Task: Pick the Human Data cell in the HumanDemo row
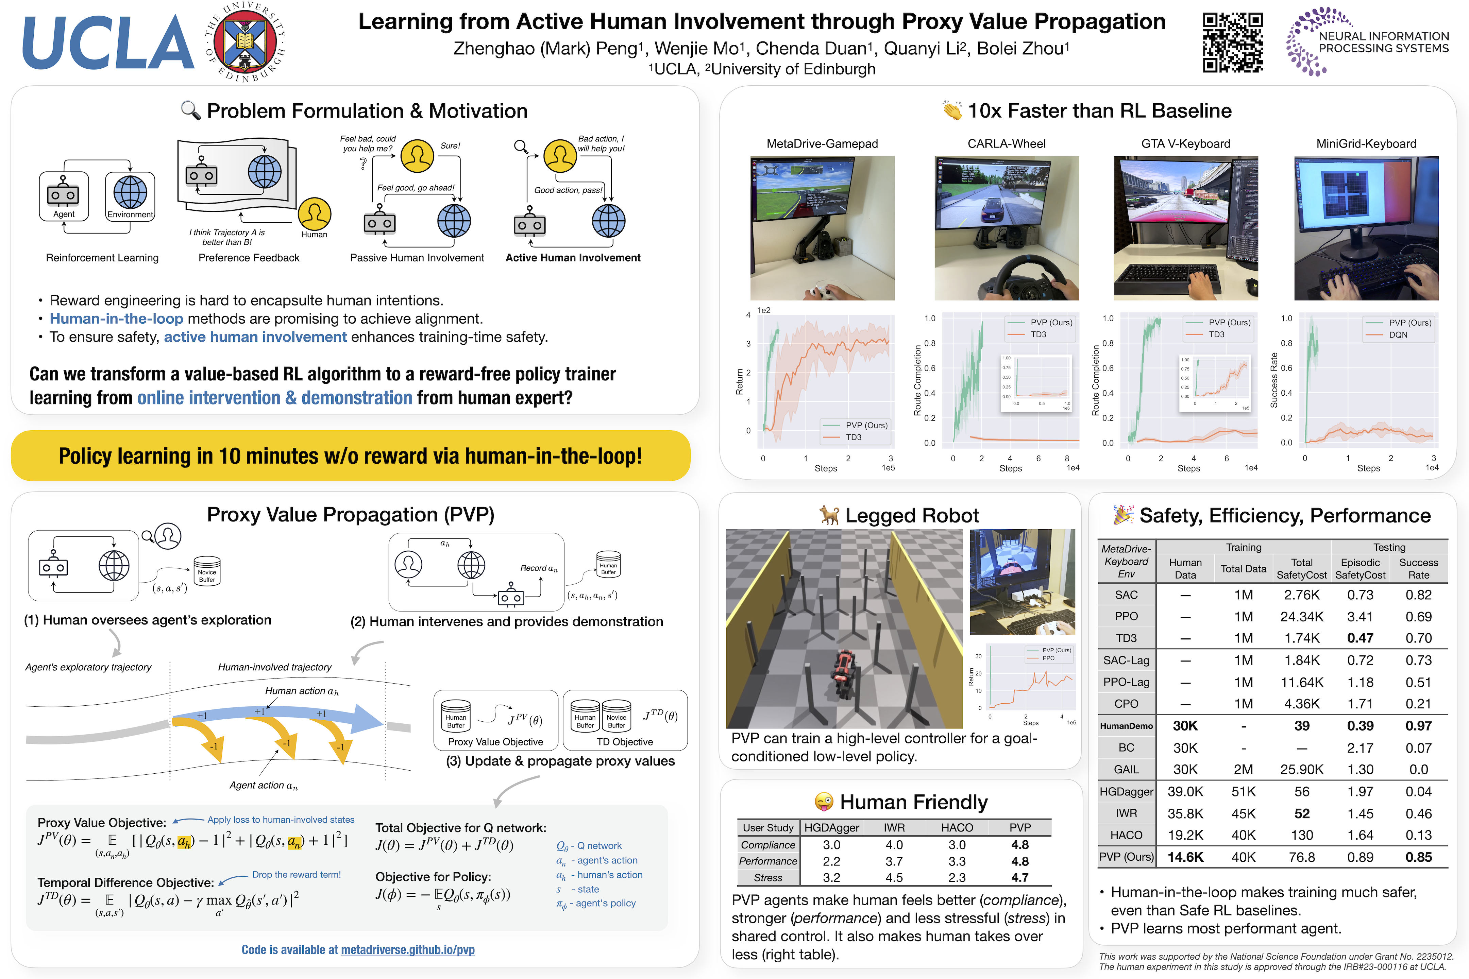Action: click(1185, 725)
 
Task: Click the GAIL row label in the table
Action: click(1126, 769)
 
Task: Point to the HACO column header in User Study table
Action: click(957, 827)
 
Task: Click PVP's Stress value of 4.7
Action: click(1020, 877)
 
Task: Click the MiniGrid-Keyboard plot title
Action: click(1366, 143)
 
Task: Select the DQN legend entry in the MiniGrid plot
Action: click(1398, 334)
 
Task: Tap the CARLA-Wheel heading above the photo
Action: click(1006, 143)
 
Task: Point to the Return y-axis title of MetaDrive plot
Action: click(740, 381)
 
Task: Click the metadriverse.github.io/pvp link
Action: click(407, 950)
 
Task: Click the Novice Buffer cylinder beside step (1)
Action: click(207, 571)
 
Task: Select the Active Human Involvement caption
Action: click(573, 258)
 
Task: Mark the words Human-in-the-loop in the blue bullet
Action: click(116, 319)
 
